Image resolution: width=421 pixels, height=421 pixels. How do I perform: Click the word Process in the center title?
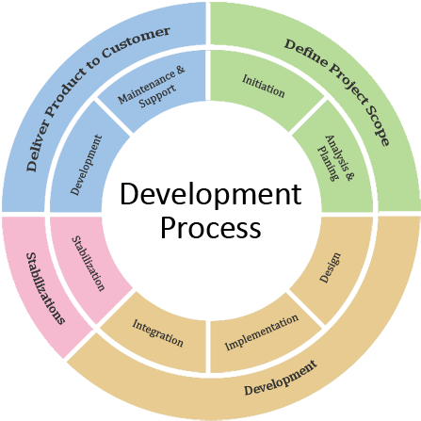[x=211, y=227]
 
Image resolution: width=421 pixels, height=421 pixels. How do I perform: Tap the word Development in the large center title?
[x=211, y=194]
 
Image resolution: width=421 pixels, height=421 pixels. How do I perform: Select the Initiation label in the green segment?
[x=264, y=86]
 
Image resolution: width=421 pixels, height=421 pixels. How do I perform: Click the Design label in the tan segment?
[x=330, y=267]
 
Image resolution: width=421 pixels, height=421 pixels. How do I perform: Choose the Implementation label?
[x=262, y=332]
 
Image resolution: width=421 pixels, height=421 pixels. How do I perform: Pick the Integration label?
[x=157, y=333]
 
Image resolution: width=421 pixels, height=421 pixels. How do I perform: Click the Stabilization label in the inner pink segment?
[x=89, y=264]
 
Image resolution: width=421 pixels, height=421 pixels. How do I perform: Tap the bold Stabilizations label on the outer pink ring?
[x=45, y=288]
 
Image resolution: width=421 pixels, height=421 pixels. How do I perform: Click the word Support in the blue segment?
[x=157, y=96]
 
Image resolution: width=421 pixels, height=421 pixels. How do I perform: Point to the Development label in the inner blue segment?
[x=87, y=165]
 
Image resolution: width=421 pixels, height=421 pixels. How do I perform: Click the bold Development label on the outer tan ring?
[x=281, y=378]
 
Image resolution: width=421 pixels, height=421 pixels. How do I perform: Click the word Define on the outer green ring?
[x=305, y=52]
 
